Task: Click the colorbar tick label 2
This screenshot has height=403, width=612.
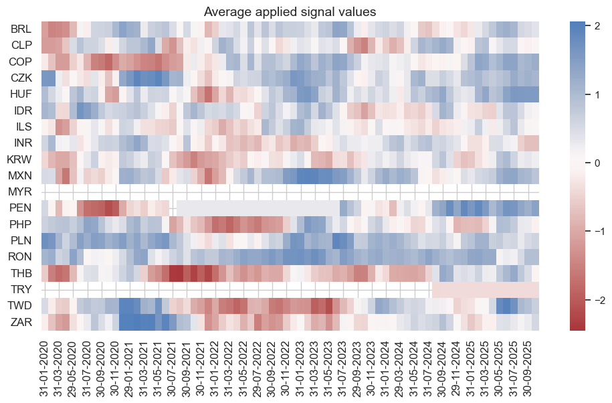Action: [x=592, y=25]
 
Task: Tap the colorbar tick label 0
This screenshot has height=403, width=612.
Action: [x=592, y=163]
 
